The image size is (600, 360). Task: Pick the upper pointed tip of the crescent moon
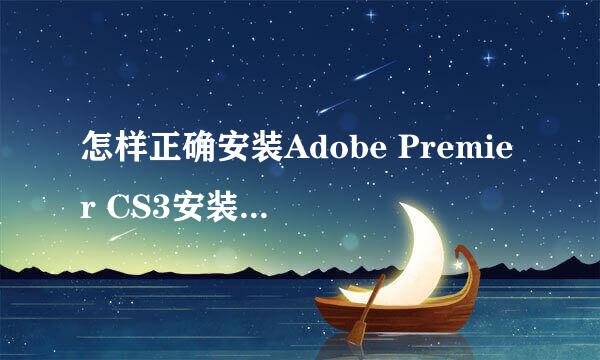click(405, 205)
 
